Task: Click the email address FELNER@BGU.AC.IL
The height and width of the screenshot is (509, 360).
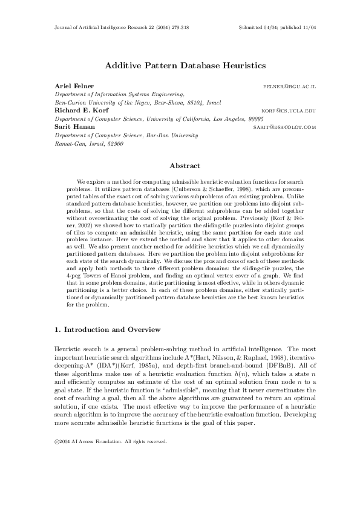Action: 290,87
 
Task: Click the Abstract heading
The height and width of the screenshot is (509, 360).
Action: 180,165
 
